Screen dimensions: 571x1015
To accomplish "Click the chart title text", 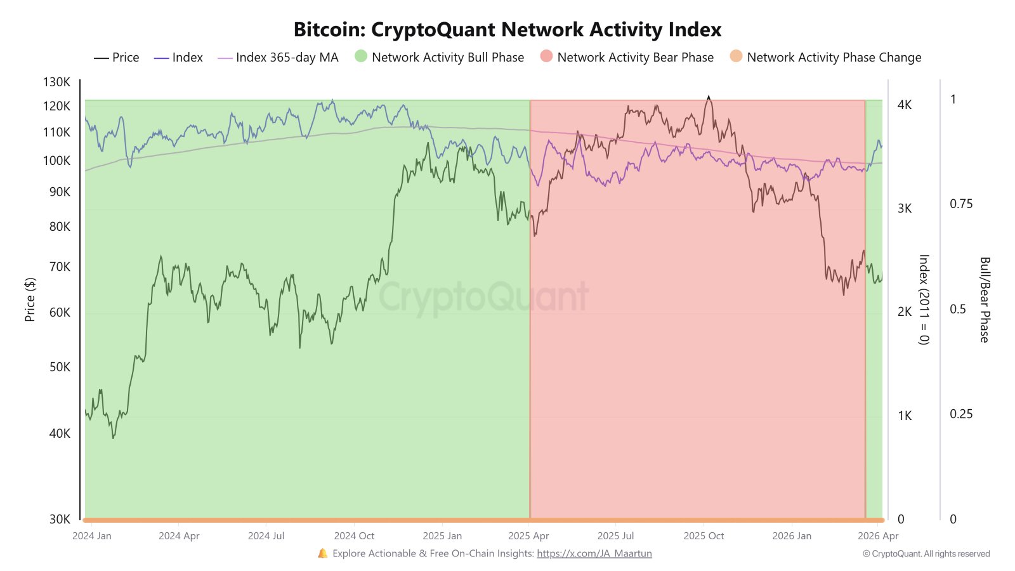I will coord(507,30).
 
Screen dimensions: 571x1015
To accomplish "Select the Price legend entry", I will coord(117,58).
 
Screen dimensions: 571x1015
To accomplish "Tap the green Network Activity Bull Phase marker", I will coord(361,56).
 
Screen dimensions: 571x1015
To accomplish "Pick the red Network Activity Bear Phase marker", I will coord(546,56).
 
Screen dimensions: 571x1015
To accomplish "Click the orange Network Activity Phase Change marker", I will coord(736,56).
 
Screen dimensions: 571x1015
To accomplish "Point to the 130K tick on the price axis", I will coord(57,82).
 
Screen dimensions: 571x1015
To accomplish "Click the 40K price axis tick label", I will coord(60,433).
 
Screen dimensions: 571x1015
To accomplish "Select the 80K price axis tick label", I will coord(60,226).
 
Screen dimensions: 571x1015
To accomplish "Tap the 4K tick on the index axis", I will coord(905,105).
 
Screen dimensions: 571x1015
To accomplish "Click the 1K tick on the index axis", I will coord(905,416).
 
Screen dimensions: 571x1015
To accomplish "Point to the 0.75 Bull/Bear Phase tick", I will coord(961,204).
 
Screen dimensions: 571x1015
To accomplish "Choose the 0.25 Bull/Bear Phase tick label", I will coord(961,414).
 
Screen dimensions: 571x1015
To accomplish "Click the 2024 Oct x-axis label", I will coord(354,536).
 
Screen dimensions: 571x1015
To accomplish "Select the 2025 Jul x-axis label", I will coord(615,536).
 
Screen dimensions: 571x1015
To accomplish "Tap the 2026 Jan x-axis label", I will coord(792,536).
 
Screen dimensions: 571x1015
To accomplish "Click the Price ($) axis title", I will coord(30,299).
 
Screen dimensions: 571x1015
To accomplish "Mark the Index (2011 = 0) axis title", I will coord(924,299).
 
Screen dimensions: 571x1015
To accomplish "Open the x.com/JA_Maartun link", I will coord(594,553).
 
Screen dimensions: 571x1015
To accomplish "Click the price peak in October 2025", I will coord(709,96).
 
